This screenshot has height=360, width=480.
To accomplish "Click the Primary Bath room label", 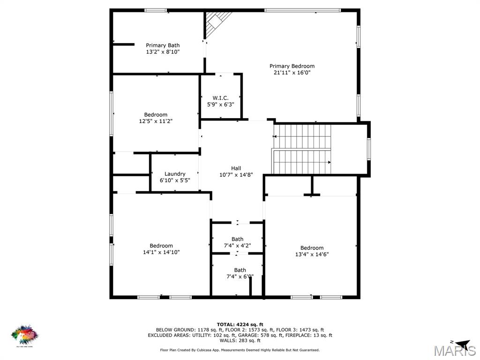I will (x=162, y=45).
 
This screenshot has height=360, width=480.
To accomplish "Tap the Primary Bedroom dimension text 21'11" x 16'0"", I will (x=292, y=73).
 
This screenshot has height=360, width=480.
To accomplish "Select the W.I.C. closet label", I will (x=220, y=98).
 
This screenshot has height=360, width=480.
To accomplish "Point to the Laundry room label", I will (x=175, y=174).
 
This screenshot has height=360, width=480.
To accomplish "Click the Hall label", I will (x=236, y=168).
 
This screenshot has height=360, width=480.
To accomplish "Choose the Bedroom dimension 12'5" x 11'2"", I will (x=156, y=121).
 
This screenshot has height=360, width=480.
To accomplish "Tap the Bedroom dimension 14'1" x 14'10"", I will (x=161, y=252).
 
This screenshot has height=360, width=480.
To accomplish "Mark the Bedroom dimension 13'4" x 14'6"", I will (x=312, y=255).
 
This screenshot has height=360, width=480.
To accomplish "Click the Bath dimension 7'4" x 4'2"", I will (x=237, y=246).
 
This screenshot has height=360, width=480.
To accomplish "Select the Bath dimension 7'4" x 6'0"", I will (x=240, y=277).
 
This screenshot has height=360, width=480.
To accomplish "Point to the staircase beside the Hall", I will (x=302, y=149).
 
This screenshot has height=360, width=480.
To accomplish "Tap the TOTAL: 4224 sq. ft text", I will (x=240, y=324).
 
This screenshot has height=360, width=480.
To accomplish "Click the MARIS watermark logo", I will (x=454, y=351).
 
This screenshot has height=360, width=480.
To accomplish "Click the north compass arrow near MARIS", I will (x=461, y=343).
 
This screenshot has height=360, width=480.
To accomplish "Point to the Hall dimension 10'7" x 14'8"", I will (x=236, y=175).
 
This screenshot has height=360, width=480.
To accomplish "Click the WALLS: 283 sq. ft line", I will (x=240, y=341).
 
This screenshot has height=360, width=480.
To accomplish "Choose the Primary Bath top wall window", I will (x=155, y=10).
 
